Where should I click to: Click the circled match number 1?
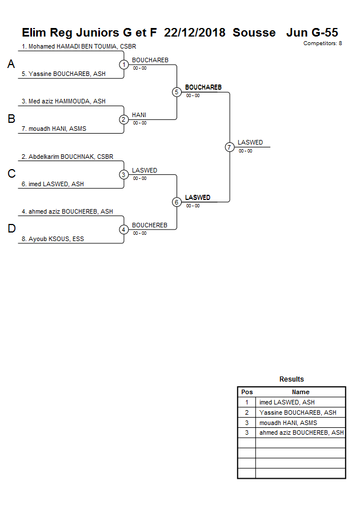(124, 65)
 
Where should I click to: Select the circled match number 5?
(177, 92)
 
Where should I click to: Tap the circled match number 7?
(230, 147)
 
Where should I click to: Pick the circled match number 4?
(124, 230)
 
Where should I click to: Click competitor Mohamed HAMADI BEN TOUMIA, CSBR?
(79, 46)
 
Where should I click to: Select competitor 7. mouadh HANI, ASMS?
(54, 129)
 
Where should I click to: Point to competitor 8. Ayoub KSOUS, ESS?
(53, 239)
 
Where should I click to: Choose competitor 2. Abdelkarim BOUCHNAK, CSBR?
(67, 157)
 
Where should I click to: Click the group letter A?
(11, 65)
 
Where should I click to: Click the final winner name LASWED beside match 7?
(250, 142)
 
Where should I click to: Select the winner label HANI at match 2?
(139, 115)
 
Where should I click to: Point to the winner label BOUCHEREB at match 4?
(149, 225)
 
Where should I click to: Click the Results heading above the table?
(291, 379)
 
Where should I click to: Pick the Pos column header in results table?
(247, 392)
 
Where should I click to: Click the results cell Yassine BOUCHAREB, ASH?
(298, 412)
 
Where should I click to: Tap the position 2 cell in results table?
(247, 412)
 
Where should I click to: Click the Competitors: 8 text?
(322, 43)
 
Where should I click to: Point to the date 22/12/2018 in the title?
(195, 33)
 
